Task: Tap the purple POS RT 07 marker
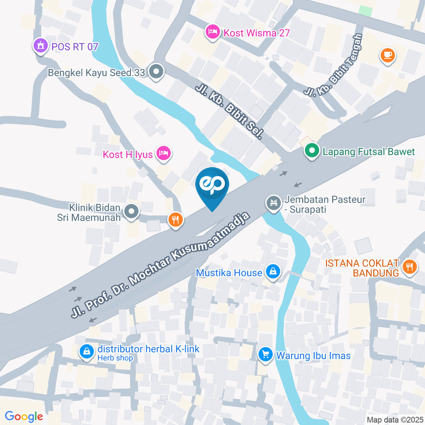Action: [40, 46]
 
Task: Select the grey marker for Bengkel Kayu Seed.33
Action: [156, 72]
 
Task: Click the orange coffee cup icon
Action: [388, 55]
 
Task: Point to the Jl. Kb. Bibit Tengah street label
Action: [333, 66]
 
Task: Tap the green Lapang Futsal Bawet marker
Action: [312, 151]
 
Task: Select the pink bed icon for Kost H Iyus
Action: [164, 154]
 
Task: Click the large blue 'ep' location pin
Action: [212, 186]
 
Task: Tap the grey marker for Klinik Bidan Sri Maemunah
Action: [131, 212]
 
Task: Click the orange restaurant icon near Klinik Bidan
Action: [175, 219]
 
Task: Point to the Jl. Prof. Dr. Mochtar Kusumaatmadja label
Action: [161, 264]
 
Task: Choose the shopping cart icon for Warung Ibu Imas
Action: [266, 355]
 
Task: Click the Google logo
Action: [23, 416]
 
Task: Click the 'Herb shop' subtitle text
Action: [115, 358]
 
